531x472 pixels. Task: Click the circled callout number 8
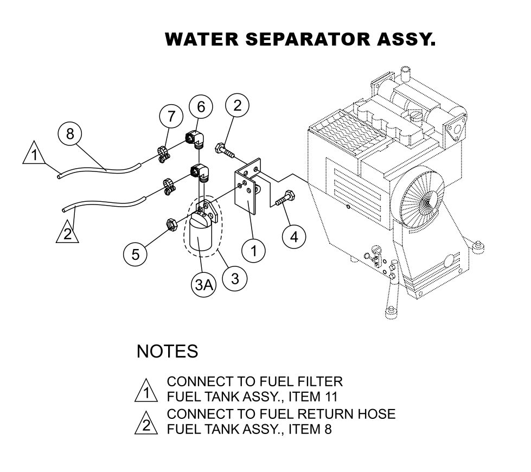(70, 133)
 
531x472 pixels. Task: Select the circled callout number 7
(171, 116)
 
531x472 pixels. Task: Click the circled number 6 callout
(201, 107)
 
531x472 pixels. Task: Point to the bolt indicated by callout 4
(285, 199)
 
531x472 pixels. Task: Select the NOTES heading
(167, 351)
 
